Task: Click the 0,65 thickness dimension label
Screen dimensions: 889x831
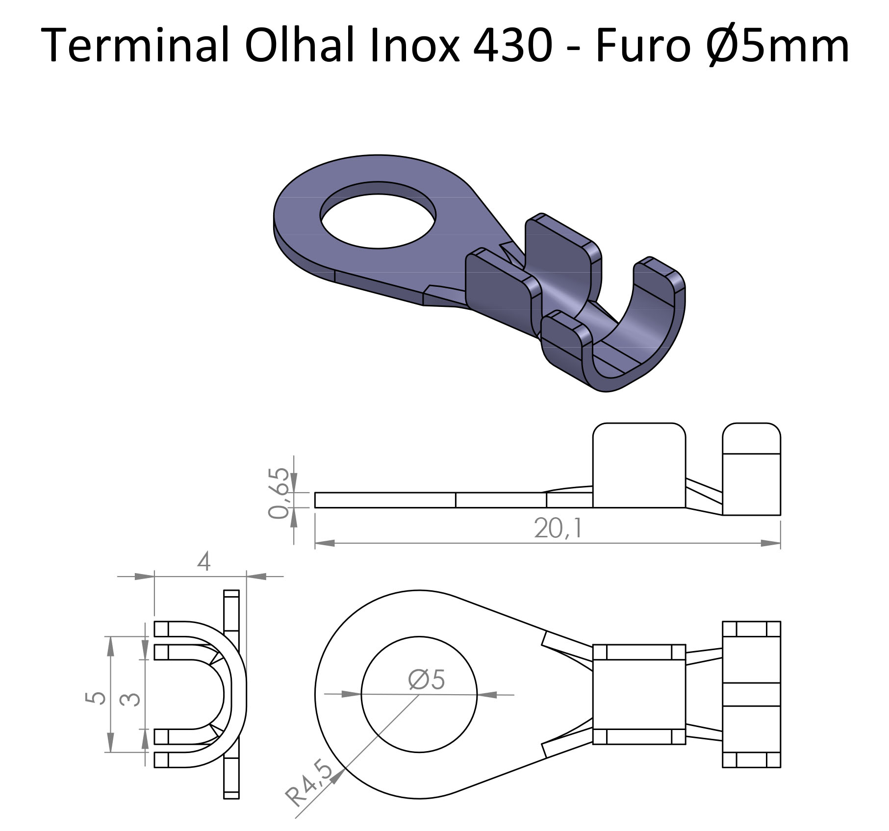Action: [279, 493]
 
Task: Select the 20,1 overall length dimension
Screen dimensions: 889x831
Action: [558, 528]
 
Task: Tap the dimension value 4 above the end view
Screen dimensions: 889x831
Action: [203, 561]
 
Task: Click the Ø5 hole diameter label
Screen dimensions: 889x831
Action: [426, 680]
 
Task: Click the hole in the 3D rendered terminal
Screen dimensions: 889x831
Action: [378, 215]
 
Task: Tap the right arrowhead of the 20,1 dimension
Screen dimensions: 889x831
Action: [770, 543]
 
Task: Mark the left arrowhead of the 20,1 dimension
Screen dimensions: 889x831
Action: [325, 543]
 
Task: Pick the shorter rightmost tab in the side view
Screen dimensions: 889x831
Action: [752, 469]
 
